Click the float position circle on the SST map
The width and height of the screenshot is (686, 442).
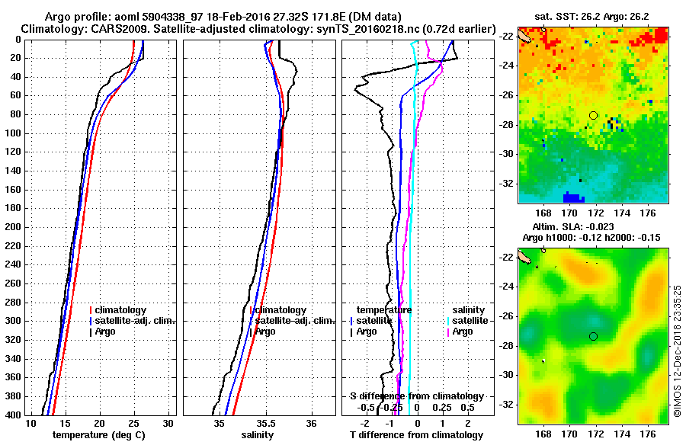593,115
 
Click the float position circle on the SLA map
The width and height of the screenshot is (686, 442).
593,336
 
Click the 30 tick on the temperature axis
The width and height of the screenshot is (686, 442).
168,424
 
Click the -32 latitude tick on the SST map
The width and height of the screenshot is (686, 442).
507,184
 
